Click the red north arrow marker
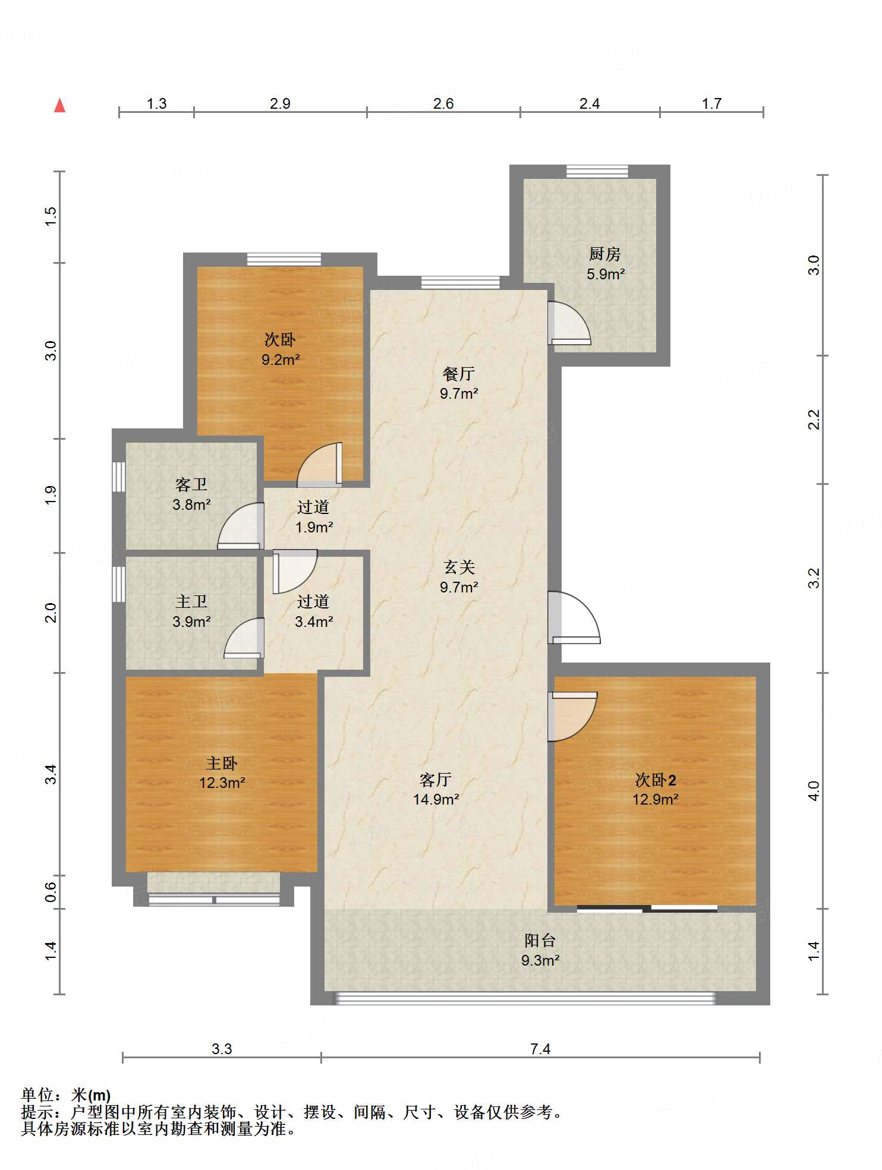pos(59,105)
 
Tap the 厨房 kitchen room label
pos(605,254)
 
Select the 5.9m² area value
pos(606,274)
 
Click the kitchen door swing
pos(569,323)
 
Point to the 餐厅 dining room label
pos(459,374)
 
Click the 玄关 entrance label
pos(459,567)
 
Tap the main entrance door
pos(574,618)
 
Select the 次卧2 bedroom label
pos(656,780)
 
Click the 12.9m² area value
pos(656,799)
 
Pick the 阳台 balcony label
pos(540,941)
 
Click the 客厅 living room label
pos(436,780)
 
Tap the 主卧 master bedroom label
pos(222,763)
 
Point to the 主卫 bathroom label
pos(191,602)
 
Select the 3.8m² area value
pos(191,504)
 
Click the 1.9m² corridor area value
pos(314,527)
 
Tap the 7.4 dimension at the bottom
pos(540,1049)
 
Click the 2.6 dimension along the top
pos(443,103)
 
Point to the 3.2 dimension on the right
pos(814,578)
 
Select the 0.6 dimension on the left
pos(51,892)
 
